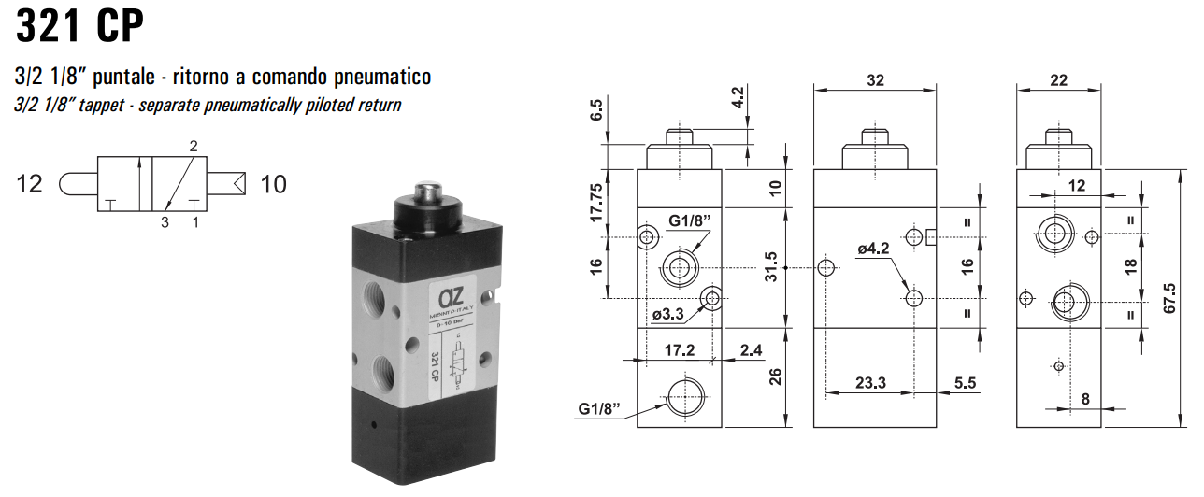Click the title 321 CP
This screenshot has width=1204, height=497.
(80, 27)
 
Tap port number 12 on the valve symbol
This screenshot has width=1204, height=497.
(30, 184)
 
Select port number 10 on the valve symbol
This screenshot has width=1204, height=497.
(273, 184)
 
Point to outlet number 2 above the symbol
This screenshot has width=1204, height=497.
(193, 147)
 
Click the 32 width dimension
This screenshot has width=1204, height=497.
(875, 81)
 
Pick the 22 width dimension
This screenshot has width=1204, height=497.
(1058, 81)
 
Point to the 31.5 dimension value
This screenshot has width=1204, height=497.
(772, 267)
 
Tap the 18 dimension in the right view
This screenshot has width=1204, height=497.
(1131, 267)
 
